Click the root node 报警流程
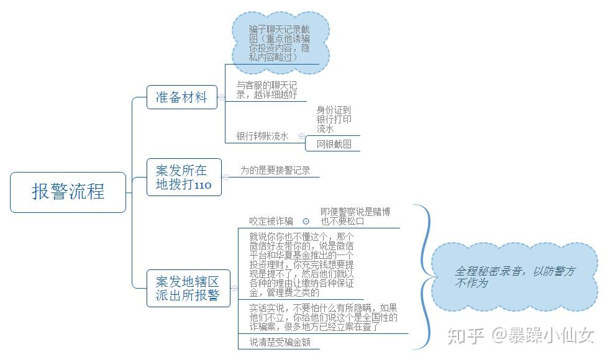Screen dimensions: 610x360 point(68,192)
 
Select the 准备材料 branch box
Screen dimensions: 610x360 point(182,97)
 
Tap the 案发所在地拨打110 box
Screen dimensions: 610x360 point(184,177)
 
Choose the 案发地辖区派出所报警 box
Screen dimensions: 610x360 point(187,288)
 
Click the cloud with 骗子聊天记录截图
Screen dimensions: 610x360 point(280,42)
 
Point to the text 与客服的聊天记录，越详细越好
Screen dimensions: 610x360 point(267,90)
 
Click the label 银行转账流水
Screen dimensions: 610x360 point(262,136)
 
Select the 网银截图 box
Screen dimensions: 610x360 point(334,144)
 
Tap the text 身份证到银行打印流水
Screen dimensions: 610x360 point(334,119)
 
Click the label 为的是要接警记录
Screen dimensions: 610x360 point(275,170)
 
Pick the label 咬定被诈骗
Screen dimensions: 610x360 point(271,221)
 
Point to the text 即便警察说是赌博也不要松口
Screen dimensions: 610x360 point(355,216)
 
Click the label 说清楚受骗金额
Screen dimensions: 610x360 point(280,342)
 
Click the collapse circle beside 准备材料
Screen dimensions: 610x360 point(221,97)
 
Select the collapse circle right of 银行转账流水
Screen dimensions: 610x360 point(301,136)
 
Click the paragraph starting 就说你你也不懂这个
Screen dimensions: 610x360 point(301,264)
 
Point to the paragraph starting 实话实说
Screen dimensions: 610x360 point(323,317)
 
